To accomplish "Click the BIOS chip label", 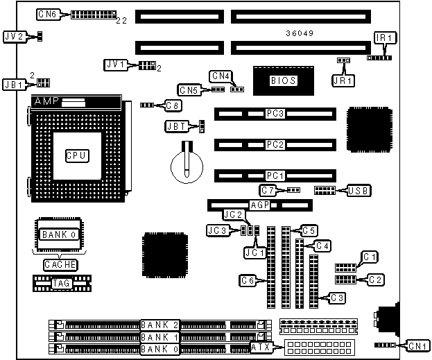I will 284,80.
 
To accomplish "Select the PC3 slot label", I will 275,113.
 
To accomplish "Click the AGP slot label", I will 259,205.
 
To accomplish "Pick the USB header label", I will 358,190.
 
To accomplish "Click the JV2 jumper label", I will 15,35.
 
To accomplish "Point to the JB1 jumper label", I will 15,83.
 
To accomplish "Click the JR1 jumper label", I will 343,80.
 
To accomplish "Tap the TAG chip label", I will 61,283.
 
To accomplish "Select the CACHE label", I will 60,264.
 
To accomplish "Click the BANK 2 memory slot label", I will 159,325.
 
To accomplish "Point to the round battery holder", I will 187,167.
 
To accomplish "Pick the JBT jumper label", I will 176,126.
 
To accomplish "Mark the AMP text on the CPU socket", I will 46,101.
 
